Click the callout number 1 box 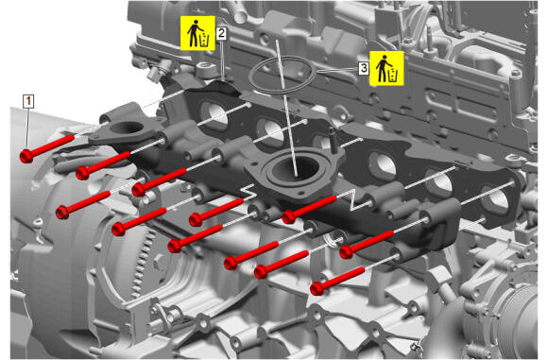click(28, 101)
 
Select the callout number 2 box click(221, 33)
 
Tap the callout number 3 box click(364, 68)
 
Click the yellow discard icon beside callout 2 click(197, 33)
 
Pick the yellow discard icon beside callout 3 click(386, 68)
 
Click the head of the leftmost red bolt click(26, 156)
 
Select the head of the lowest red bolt click(317, 288)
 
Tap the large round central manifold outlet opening click(297, 168)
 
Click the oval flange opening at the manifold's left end click(127, 128)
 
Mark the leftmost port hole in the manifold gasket click(214, 114)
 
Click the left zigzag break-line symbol click(248, 192)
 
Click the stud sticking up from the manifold click(333, 140)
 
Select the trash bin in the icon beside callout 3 click(393, 76)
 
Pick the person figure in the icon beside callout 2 click(193, 33)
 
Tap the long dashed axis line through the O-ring click(286, 108)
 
